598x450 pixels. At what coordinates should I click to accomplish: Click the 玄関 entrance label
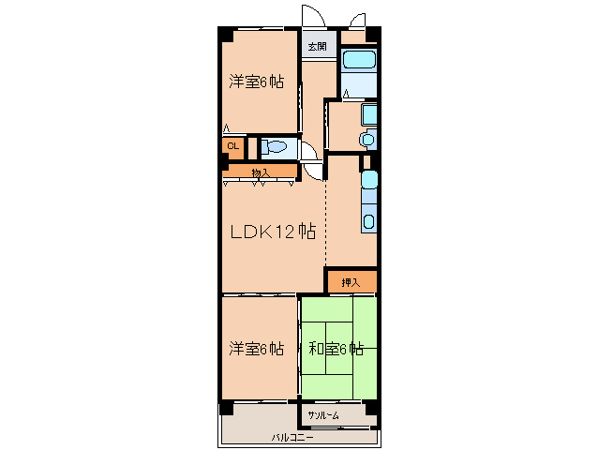[318, 47]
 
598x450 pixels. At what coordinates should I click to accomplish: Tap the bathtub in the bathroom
[359, 59]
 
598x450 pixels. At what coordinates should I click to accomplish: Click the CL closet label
[233, 145]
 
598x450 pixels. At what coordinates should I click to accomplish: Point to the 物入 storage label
[261, 173]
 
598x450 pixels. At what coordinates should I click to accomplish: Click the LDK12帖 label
[273, 232]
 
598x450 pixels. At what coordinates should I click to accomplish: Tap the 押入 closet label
[351, 282]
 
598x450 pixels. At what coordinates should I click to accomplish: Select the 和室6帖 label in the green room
[336, 349]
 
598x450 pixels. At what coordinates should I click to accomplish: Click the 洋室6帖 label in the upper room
[256, 82]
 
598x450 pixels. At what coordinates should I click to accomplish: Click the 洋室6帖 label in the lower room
[256, 349]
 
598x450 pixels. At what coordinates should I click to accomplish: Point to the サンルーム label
[323, 415]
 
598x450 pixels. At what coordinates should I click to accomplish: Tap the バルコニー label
[292, 438]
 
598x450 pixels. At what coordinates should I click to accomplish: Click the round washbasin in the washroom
[368, 139]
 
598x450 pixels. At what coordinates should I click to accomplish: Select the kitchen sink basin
[368, 222]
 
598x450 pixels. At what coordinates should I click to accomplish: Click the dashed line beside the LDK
[325, 222]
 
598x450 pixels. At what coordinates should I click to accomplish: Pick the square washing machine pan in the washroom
[369, 113]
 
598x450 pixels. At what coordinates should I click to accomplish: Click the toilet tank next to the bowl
[264, 147]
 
